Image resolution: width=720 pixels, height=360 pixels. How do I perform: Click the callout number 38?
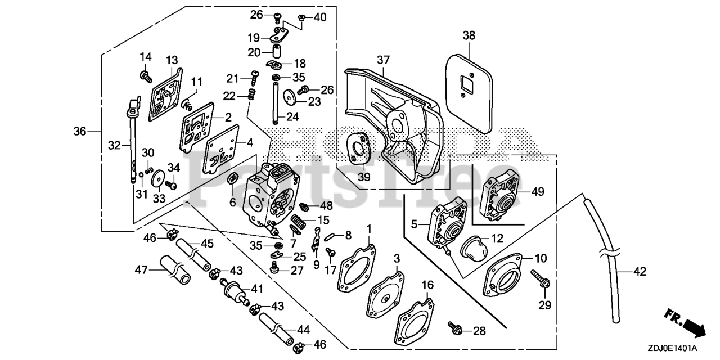[x=469, y=36]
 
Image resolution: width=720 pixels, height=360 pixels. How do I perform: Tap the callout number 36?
[x=80, y=131]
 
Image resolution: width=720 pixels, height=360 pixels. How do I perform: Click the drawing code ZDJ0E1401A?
[x=672, y=348]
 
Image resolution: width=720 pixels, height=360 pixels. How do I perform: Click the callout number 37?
[x=383, y=60]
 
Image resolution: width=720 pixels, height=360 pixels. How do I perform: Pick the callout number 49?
[x=538, y=192]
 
